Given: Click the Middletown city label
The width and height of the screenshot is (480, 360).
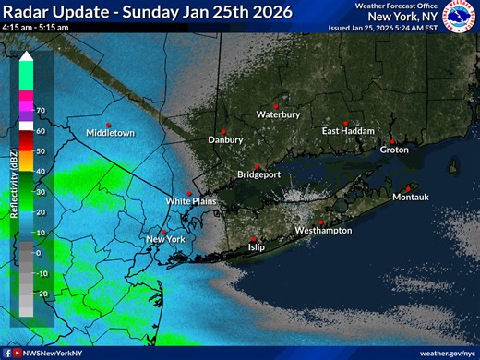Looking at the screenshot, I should pyautogui.click(x=110, y=133).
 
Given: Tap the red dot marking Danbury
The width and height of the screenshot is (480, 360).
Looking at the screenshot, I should pyautogui.click(x=223, y=131).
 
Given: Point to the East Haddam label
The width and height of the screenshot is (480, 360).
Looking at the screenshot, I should pyautogui.click(x=348, y=131).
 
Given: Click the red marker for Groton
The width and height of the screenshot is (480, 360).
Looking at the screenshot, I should pyautogui.click(x=392, y=141).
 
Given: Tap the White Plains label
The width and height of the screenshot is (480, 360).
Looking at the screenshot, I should pyautogui.click(x=189, y=200).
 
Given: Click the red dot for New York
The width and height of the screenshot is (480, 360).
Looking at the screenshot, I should pyautogui.click(x=163, y=232).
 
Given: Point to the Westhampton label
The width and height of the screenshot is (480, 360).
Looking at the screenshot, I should pyautogui.click(x=323, y=230).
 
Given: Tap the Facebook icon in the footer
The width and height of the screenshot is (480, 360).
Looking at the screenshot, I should pyautogui.click(x=7, y=353).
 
